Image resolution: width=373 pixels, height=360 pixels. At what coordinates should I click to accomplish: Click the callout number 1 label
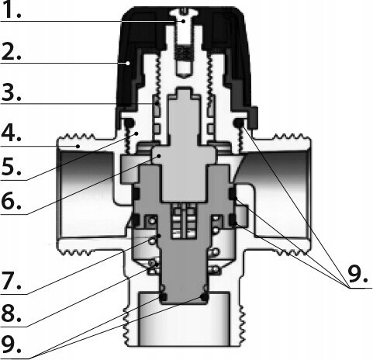(x=11, y=9)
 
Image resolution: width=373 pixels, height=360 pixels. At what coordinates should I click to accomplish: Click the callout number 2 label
(x=11, y=52)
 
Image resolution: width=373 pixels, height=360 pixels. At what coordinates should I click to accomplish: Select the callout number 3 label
(x=11, y=92)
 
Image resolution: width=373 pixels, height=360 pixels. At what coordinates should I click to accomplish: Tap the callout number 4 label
(x=11, y=133)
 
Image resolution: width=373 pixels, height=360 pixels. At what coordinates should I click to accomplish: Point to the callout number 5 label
(x=11, y=167)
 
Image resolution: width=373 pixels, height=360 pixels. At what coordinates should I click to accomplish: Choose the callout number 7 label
(x=11, y=281)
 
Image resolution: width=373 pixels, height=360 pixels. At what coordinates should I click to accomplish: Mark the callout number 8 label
(x=11, y=313)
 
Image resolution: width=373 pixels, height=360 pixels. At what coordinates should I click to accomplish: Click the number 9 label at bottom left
(x=11, y=344)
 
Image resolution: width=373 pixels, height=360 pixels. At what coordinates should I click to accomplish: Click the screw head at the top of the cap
(x=184, y=13)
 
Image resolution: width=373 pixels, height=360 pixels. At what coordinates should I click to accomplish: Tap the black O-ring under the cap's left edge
(x=129, y=123)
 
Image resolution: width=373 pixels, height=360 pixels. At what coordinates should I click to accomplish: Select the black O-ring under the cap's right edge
(x=238, y=123)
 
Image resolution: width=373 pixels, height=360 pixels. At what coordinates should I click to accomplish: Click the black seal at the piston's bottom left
(x=163, y=297)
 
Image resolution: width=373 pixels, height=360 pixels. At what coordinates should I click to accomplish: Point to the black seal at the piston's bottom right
(x=204, y=297)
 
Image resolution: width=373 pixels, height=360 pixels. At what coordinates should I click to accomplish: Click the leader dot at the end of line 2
(x=128, y=63)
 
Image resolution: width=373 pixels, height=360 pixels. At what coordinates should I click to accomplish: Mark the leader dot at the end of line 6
(x=159, y=156)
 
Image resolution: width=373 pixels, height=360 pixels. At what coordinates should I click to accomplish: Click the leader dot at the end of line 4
(x=78, y=146)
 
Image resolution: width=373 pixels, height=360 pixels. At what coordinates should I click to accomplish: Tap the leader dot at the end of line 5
(x=137, y=133)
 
